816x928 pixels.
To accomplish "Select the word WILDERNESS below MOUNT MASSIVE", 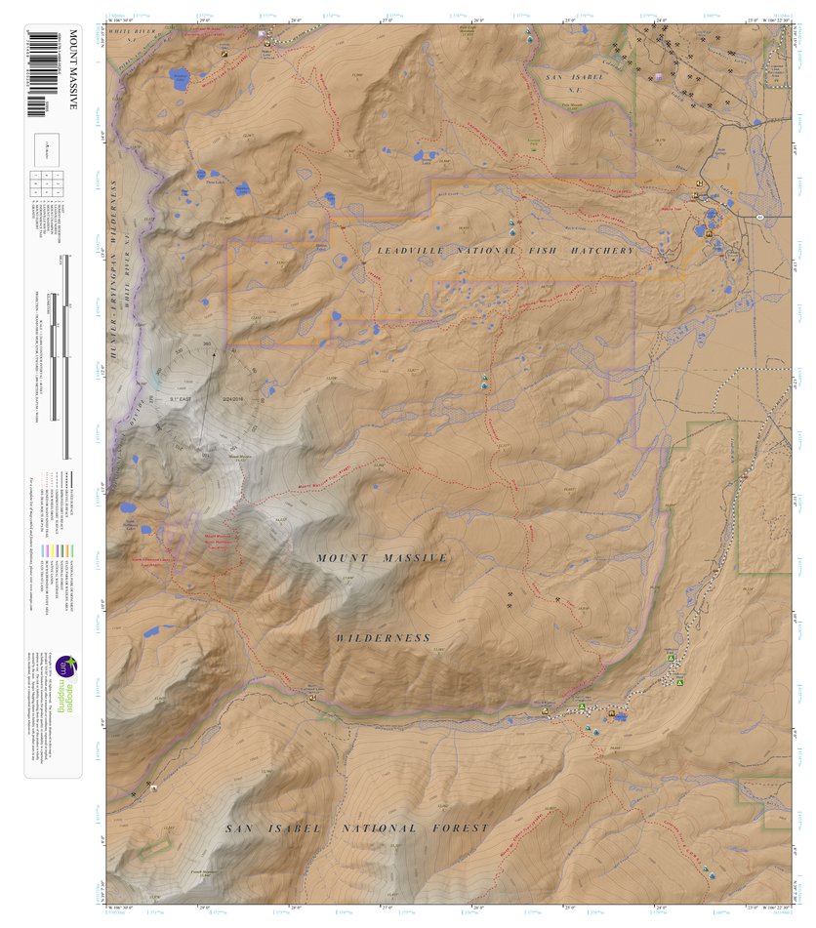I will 383,638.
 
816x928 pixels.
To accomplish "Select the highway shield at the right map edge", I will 757,215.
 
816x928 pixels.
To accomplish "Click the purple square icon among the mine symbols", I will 659,77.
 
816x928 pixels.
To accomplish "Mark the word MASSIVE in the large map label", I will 413,558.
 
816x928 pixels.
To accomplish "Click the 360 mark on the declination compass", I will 207,343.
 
